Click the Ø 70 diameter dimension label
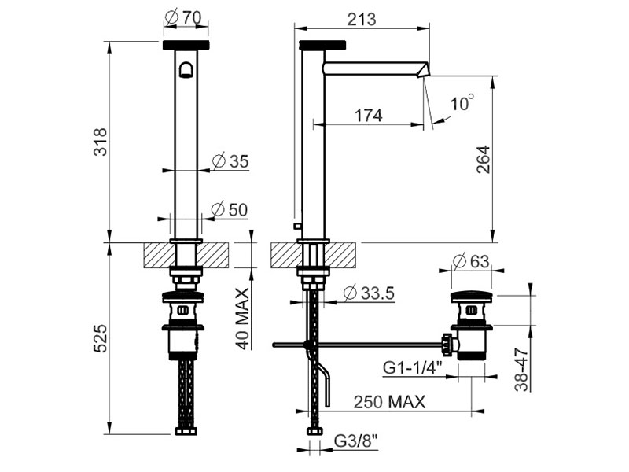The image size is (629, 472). tap(184, 17)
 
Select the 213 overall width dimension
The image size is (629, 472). tap(362, 18)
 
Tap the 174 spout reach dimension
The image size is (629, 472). tap(368, 115)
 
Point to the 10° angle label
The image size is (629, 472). tap(462, 103)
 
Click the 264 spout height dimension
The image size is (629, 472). tap(484, 160)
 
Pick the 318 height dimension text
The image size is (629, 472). tap(101, 142)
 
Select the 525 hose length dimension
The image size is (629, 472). tap(101, 338)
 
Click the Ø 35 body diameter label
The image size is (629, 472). tap(230, 161)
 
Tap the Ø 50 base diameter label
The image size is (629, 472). tap(230, 209)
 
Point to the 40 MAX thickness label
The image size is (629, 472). tap(242, 319)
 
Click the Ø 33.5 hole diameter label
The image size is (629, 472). tap(369, 293)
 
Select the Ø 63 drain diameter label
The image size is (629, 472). tap(471, 261)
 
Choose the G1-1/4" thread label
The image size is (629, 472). tap(412, 367)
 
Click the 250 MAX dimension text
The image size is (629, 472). tap(389, 401)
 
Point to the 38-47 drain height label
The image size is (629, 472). tap(521, 369)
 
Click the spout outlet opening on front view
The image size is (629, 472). tap(186, 70)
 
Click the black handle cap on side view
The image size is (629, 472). tap(322, 45)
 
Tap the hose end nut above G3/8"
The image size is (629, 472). tap(315, 431)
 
